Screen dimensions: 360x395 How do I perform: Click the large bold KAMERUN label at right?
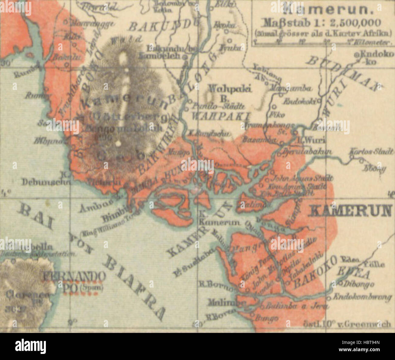tap(350, 210)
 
